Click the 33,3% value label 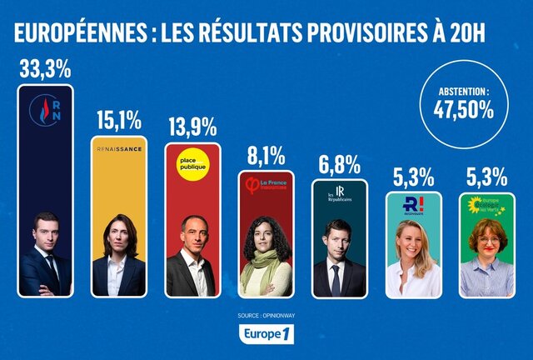tap(45, 69)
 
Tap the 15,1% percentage tap(120, 122)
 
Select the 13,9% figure tap(192, 127)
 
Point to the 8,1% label tap(266, 155)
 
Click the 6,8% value tap(339, 163)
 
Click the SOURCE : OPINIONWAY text tap(266, 317)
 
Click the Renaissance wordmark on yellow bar tap(120, 150)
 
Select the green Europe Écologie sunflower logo tap(487, 205)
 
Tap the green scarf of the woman tap(266, 271)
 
